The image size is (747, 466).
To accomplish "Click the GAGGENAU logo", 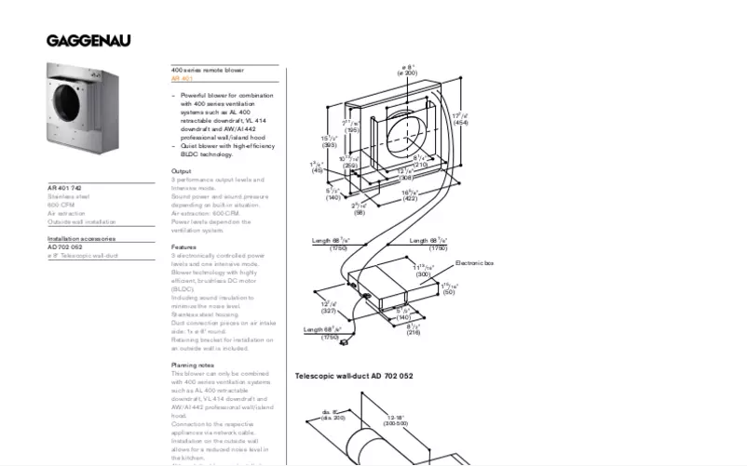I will pos(88,40).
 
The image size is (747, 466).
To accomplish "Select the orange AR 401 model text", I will pos(182,79).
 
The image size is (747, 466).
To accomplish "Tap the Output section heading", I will pos(181,171).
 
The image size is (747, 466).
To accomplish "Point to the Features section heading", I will pos(183,247).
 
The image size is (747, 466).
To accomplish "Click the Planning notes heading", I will pos(192,366).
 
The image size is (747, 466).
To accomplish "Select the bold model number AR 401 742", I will pos(70,188).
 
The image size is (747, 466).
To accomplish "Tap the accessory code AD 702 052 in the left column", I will pos(65,247).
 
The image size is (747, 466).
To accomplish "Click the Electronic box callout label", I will pos(474,264).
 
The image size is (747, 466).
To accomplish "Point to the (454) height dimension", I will pos(460,123).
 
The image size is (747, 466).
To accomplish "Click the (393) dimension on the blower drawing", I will pos(329,145).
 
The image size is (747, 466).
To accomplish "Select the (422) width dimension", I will pos(409,198).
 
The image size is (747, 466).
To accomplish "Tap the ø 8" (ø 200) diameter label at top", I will pos(409,70).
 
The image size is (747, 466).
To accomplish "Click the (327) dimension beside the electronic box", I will pos(328,311).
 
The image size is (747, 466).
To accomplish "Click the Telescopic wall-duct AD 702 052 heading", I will pos(354,377).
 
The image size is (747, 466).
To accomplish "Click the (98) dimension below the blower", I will pos(360,212).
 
